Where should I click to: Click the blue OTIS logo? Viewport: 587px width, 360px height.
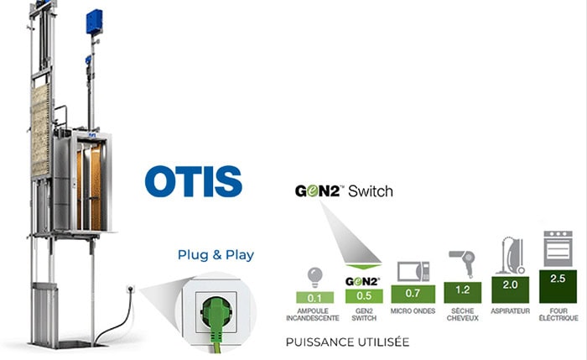193,181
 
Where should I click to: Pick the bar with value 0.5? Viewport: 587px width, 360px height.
363,295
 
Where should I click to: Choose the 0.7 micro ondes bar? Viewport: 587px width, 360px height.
413,294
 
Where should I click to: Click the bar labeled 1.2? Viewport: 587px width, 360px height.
462,290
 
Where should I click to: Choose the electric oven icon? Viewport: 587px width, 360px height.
558,248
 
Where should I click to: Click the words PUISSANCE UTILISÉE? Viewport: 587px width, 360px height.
336,342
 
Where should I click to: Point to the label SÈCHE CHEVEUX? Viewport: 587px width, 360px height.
462,316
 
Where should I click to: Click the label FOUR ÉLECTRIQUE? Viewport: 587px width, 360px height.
557,316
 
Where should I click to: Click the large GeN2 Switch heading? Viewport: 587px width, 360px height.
343,191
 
